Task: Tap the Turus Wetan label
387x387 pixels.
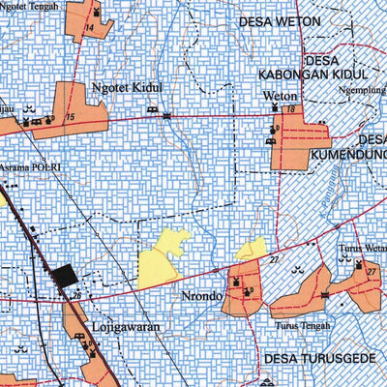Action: click(x=362, y=247)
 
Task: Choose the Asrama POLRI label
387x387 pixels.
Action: click(x=30, y=167)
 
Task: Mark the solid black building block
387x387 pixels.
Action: click(x=65, y=277)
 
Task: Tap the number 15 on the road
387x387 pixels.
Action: click(x=69, y=118)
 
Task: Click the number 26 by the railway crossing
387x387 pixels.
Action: click(x=76, y=296)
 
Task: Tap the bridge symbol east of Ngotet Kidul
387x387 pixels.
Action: click(x=166, y=115)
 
